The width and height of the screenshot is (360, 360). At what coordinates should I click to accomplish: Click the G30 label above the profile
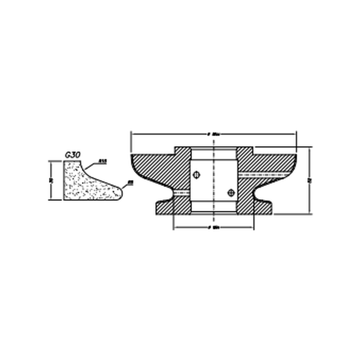click(73, 155)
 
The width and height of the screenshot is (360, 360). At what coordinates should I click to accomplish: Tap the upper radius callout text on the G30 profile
click(103, 161)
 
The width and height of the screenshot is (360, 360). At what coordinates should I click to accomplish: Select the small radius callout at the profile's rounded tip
click(130, 182)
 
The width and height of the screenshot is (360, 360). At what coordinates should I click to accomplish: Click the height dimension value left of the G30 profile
click(51, 180)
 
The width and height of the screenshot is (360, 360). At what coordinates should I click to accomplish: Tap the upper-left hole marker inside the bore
click(197, 174)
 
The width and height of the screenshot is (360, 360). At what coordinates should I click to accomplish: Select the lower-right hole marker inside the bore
click(231, 192)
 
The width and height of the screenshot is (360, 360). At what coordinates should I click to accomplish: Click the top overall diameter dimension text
click(213, 134)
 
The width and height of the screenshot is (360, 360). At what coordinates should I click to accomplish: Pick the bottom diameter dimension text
click(213, 227)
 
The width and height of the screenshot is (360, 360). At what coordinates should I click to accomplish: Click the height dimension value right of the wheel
click(309, 180)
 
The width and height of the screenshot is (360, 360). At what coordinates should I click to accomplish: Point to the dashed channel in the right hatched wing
click(267, 174)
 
